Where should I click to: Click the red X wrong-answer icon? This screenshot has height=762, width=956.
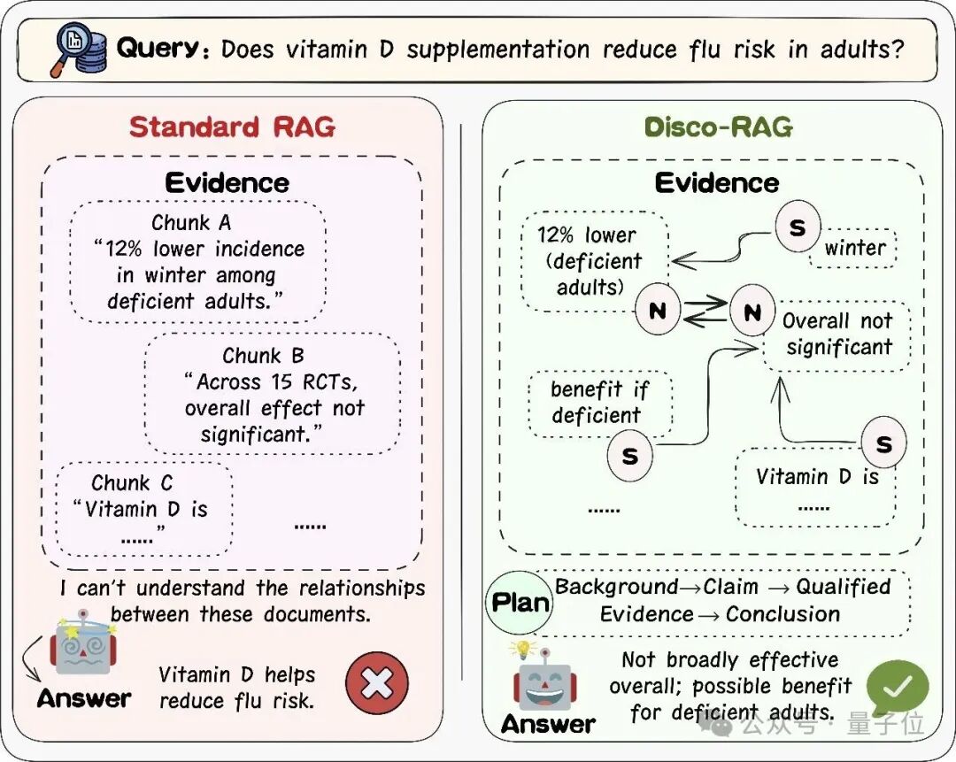tap(377, 682)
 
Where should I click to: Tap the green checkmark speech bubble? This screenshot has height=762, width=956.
tap(897, 687)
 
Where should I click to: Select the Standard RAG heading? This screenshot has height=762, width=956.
tap(232, 127)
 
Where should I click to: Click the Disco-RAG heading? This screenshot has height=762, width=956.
tap(718, 127)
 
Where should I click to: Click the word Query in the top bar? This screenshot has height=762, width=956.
tap(158, 49)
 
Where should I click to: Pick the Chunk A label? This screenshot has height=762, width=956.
tap(191, 222)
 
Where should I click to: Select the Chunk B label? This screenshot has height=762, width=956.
tap(263, 356)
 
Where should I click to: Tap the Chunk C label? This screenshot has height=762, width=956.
tap(132, 483)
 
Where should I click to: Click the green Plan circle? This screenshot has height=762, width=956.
tap(520, 603)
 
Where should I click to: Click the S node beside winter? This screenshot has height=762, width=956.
tap(798, 227)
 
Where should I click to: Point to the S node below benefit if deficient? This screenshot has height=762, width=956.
tap(630, 456)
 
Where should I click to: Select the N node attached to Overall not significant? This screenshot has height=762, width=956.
tap(752, 312)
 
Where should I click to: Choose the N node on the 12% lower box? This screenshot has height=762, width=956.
tap(657, 311)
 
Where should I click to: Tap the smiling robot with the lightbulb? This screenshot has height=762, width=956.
tap(543, 678)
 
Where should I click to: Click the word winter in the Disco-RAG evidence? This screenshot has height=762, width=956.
tap(855, 248)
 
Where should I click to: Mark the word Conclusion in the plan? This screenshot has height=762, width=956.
tap(783, 614)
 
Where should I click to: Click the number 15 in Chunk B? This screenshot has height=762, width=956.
tap(281, 382)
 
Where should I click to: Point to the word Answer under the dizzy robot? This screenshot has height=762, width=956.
tap(84, 698)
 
